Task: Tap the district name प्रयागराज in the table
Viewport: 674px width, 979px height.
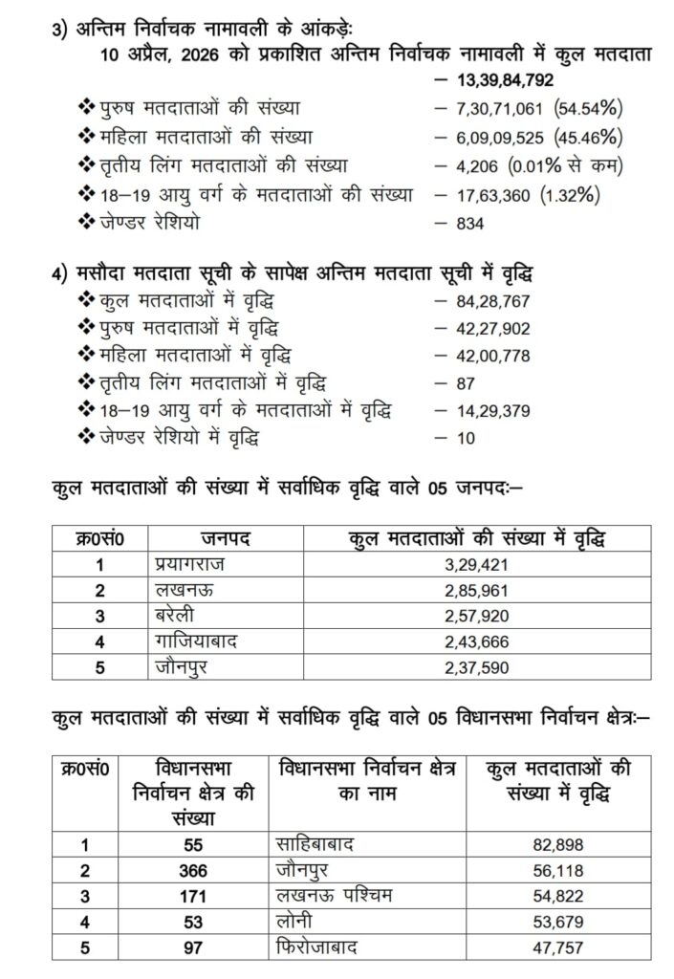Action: click(x=192, y=564)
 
